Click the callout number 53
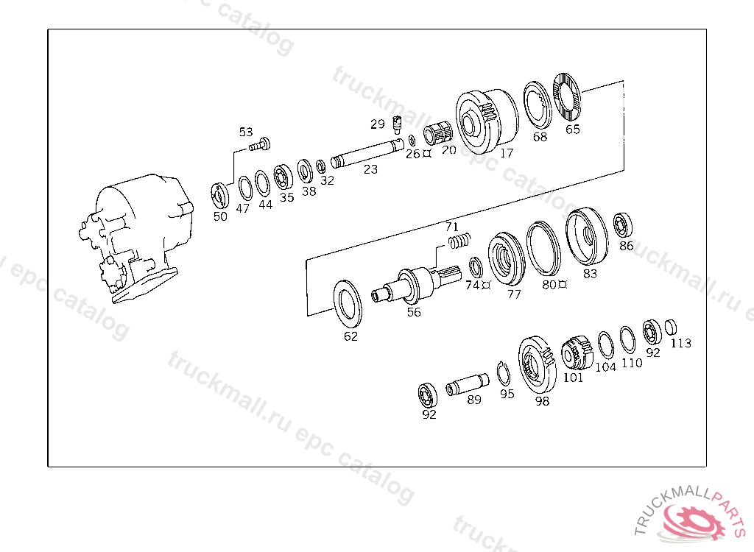pos(246,132)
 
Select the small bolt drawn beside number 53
pos(260,144)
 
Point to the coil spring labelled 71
pos(459,240)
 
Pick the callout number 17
pos(507,153)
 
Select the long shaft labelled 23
pos(367,153)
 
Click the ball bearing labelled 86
pos(623,225)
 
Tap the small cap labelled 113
pos(671,327)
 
